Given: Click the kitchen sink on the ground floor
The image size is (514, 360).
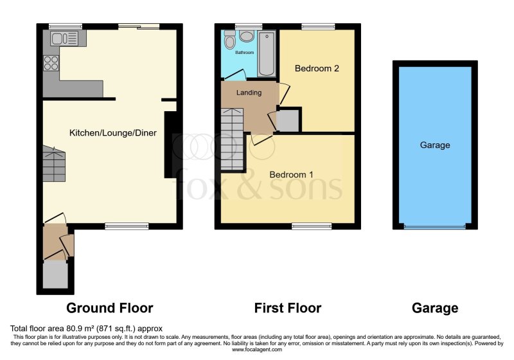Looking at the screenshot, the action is coord(64,39).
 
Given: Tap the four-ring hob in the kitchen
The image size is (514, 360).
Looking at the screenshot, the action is coord(51,63).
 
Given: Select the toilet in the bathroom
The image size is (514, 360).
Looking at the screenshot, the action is coord(230,40).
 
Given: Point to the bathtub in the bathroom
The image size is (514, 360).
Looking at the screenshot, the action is coord(267,53).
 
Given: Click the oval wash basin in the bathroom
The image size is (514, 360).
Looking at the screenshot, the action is coord(246,36).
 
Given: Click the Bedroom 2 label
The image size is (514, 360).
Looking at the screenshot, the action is coord(317,68).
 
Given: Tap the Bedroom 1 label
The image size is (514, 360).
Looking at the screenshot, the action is coord(291,174).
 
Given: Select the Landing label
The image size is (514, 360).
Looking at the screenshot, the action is coord(249,93).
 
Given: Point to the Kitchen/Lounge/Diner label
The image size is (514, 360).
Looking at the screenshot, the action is coord(113,133).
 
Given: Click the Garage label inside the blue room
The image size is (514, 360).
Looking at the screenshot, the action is coord(435,145).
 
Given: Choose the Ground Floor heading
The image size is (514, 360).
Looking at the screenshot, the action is coord(110,308).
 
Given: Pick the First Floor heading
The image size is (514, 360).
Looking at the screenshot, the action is coord(288,308).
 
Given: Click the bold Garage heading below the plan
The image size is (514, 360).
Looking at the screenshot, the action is coord(435,308).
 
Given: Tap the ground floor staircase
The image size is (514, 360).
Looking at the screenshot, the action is coord(54,163).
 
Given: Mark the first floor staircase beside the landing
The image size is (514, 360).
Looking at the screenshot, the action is coord(233,139).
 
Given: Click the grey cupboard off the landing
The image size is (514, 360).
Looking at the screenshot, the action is coord(287,121).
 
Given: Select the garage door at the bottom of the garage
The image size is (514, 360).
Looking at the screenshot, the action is coord(435,226).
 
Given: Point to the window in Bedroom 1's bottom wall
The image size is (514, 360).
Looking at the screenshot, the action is coord(312,226).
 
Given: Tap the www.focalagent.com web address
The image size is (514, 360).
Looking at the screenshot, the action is coord(257,350).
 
